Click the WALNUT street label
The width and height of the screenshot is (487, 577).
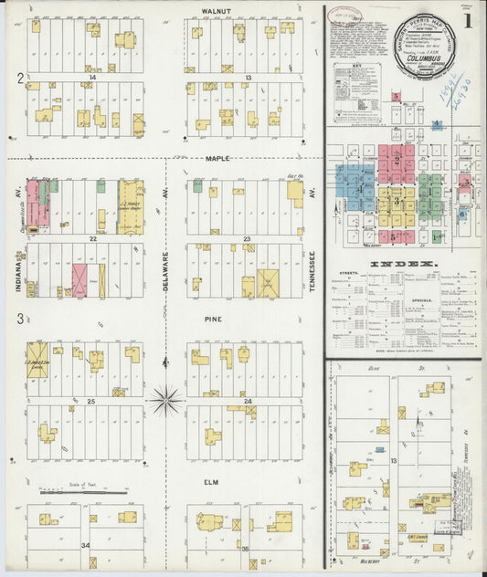coord(217,12)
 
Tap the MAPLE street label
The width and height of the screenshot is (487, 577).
coord(217,159)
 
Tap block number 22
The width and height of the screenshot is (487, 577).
coord(92,238)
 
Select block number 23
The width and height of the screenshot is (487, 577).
coord(248,238)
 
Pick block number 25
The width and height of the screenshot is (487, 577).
coord(92,402)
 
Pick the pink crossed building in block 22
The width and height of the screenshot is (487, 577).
coord(79,278)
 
